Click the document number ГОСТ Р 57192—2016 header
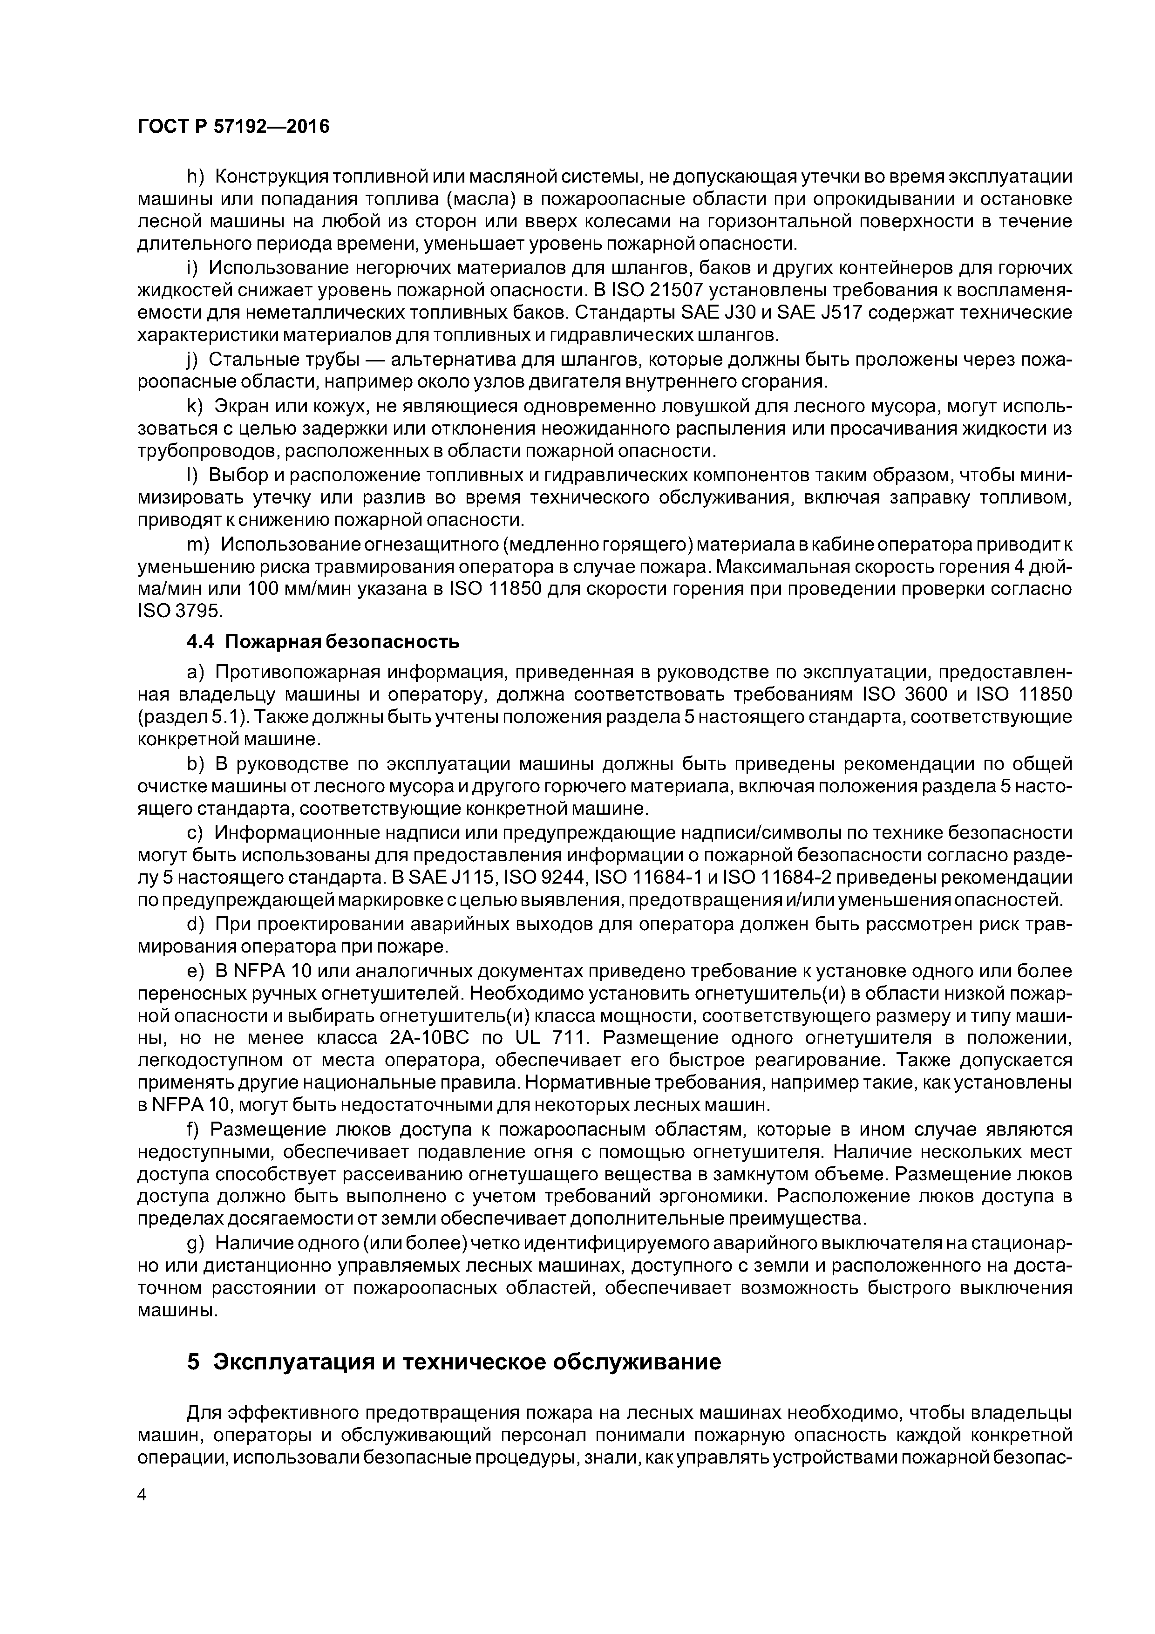click(x=233, y=127)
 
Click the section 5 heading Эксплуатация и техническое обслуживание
click(x=454, y=1362)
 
